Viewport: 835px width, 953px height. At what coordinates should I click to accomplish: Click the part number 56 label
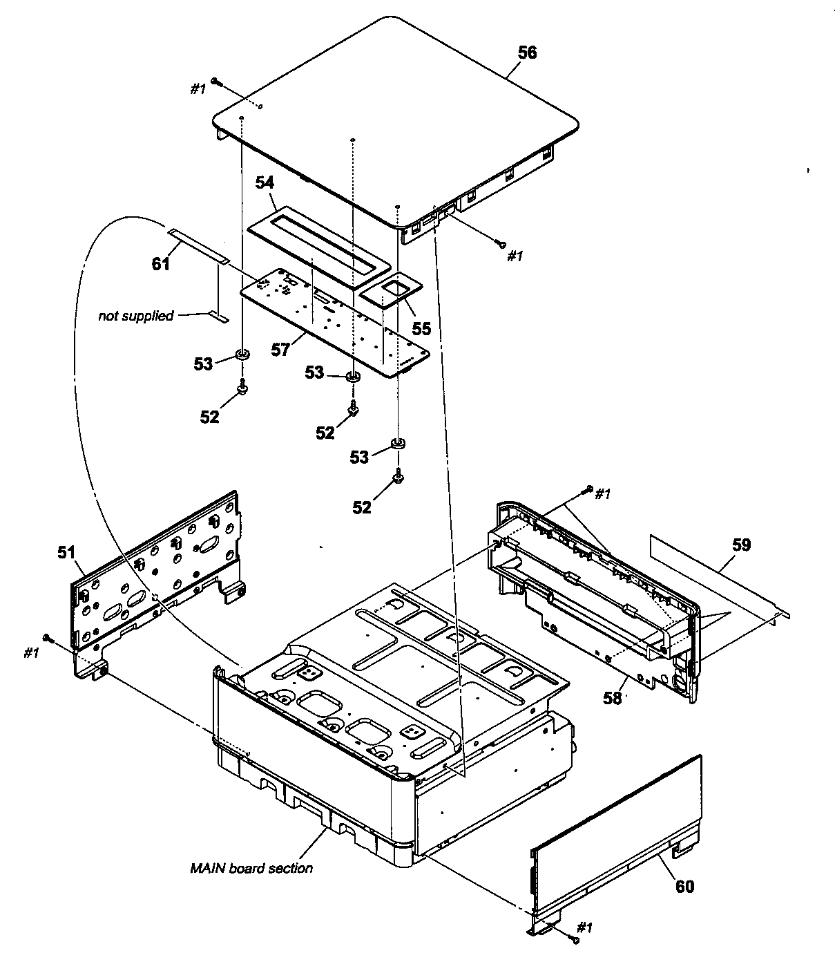point(527,53)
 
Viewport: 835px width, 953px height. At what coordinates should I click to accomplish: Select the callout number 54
point(265,182)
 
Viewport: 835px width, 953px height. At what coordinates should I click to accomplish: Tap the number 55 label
point(421,328)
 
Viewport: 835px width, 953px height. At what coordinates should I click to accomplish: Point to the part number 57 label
point(280,350)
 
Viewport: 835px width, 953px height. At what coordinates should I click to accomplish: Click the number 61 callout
point(161,263)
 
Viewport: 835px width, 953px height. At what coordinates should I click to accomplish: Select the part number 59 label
point(741,545)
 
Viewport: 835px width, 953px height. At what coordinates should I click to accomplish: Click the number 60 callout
point(684,886)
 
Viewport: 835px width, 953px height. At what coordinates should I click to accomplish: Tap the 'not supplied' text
point(136,316)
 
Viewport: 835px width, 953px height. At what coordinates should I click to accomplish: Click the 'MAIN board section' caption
point(251,868)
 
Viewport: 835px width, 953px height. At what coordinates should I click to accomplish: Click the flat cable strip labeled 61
point(199,245)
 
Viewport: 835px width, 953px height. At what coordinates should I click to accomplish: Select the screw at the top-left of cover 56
point(216,82)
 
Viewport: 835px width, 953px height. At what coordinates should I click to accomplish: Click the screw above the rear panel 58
point(588,489)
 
